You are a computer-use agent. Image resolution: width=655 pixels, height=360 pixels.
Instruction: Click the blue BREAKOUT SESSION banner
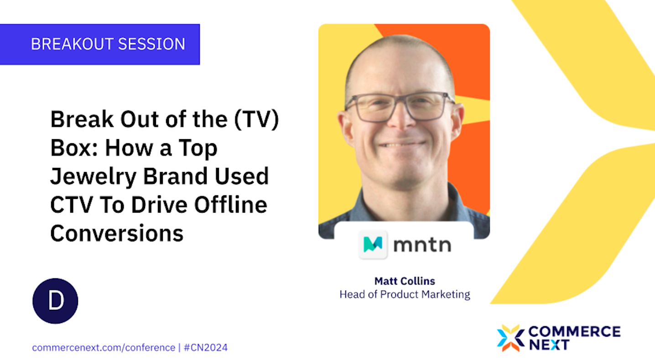100,44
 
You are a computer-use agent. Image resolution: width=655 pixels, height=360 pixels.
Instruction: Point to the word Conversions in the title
117,233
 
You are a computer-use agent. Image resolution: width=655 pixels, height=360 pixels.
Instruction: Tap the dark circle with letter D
55,301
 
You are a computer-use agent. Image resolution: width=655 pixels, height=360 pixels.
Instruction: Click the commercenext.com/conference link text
104,348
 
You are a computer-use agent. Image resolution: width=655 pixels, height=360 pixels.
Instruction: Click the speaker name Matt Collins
405,280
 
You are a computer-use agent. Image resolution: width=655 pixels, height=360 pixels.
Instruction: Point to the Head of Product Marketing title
405,294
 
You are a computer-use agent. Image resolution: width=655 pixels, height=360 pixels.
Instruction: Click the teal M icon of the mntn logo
373,244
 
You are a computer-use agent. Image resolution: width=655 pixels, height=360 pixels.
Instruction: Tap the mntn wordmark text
422,245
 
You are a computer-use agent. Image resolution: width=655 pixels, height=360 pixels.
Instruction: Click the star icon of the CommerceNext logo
510,338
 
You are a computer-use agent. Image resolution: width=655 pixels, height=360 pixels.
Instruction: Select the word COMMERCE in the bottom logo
574,331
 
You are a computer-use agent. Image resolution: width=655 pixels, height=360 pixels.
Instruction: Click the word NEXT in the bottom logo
549,344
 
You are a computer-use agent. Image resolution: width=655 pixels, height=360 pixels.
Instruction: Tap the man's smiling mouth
401,145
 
